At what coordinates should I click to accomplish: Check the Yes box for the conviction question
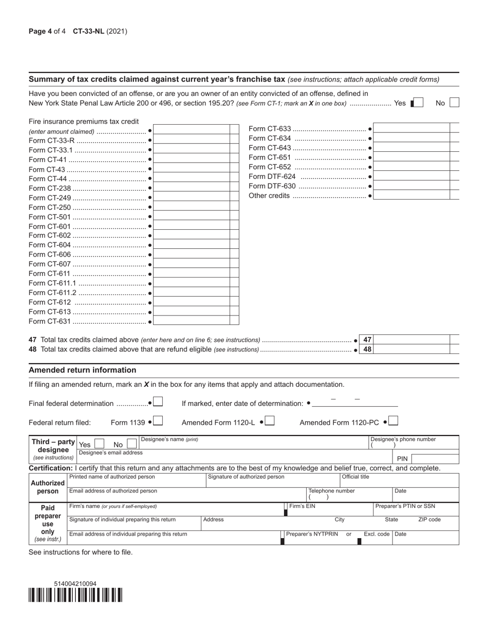click(418, 103)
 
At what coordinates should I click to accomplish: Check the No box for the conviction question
click(454, 103)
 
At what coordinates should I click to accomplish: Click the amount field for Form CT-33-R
click(192, 140)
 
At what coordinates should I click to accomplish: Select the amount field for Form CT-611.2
click(192, 292)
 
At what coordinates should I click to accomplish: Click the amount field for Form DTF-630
click(412, 186)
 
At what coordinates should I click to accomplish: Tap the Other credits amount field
click(412, 195)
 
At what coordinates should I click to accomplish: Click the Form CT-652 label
click(270, 167)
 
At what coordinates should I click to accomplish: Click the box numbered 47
click(367, 340)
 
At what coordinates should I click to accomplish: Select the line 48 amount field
click(412, 349)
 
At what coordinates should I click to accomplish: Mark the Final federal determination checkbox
click(158, 402)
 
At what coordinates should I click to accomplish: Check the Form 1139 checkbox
click(158, 421)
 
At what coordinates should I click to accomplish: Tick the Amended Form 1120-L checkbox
click(270, 421)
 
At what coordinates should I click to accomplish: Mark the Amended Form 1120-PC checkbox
click(393, 421)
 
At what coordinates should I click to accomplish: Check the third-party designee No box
click(132, 444)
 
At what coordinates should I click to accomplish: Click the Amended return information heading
click(82, 370)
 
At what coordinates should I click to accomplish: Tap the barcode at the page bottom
click(76, 595)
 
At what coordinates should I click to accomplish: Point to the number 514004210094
click(75, 584)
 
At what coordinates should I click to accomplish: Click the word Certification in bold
click(50, 468)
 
